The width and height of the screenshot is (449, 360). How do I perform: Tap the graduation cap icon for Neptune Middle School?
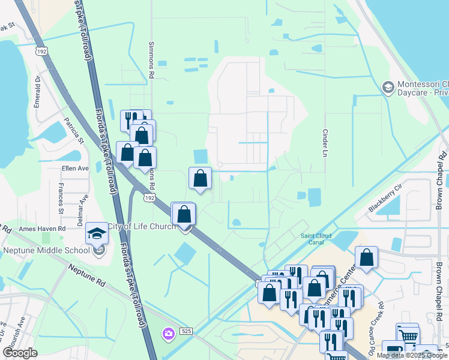tap(97, 233)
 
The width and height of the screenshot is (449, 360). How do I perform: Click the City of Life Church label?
tap(142, 226)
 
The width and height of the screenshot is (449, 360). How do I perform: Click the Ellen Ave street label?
tap(75, 169)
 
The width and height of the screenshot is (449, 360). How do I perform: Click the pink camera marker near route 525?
tap(169, 333)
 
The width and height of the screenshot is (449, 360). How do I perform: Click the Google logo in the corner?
tap(20, 353)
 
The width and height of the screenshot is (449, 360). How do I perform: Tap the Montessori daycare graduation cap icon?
tap(388, 88)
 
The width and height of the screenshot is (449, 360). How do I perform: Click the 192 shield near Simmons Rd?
tap(150, 197)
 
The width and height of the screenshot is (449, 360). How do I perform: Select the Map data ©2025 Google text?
tap(412, 355)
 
